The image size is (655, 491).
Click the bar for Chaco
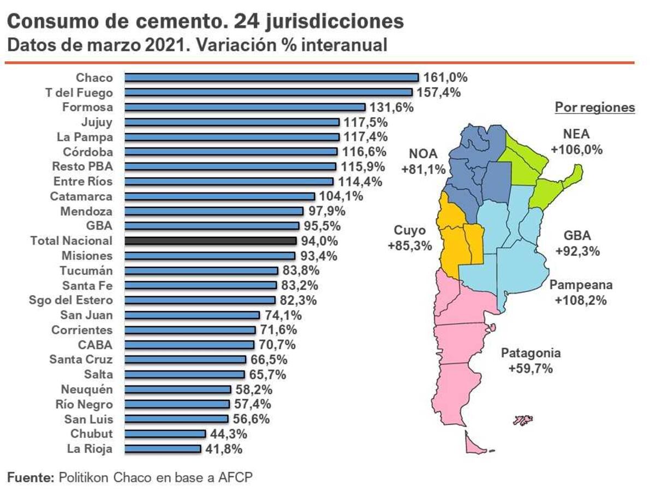pyautogui.click(x=271, y=77)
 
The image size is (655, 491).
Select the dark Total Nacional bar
pyautogui.click(x=211, y=241)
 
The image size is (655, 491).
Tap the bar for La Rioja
pyautogui.click(x=163, y=449)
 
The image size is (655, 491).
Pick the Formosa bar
pyautogui.click(x=245, y=107)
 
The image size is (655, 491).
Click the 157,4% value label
pyautogui.click(x=439, y=92)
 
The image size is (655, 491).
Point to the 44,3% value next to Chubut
pyautogui.click(x=229, y=434)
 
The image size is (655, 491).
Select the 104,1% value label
pyautogui.click(x=341, y=196)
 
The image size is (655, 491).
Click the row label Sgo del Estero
pyautogui.click(x=71, y=300)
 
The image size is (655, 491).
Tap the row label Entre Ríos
pyautogui.click(x=83, y=181)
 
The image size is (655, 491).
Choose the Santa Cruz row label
pyautogui.click(x=81, y=360)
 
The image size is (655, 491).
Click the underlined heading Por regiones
pyautogui.click(x=595, y=107)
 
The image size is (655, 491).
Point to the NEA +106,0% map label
pyautogui.click(x=577, y=142)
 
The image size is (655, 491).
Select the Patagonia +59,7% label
pyautogui.click(x=531, y=361)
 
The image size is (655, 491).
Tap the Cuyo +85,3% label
pyautogui.click(x=410, y=238)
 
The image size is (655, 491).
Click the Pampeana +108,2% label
pyautogui.click(x=581, y=292)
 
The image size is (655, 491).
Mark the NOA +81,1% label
pyautogui.click(x=424, y=161)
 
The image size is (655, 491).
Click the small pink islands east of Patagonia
pyautogui.click(x=523, y=420)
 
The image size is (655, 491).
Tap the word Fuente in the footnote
pyautogui.click(x=31, y=477)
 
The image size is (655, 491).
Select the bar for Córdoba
pyautogui.click(x=231, y=152)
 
